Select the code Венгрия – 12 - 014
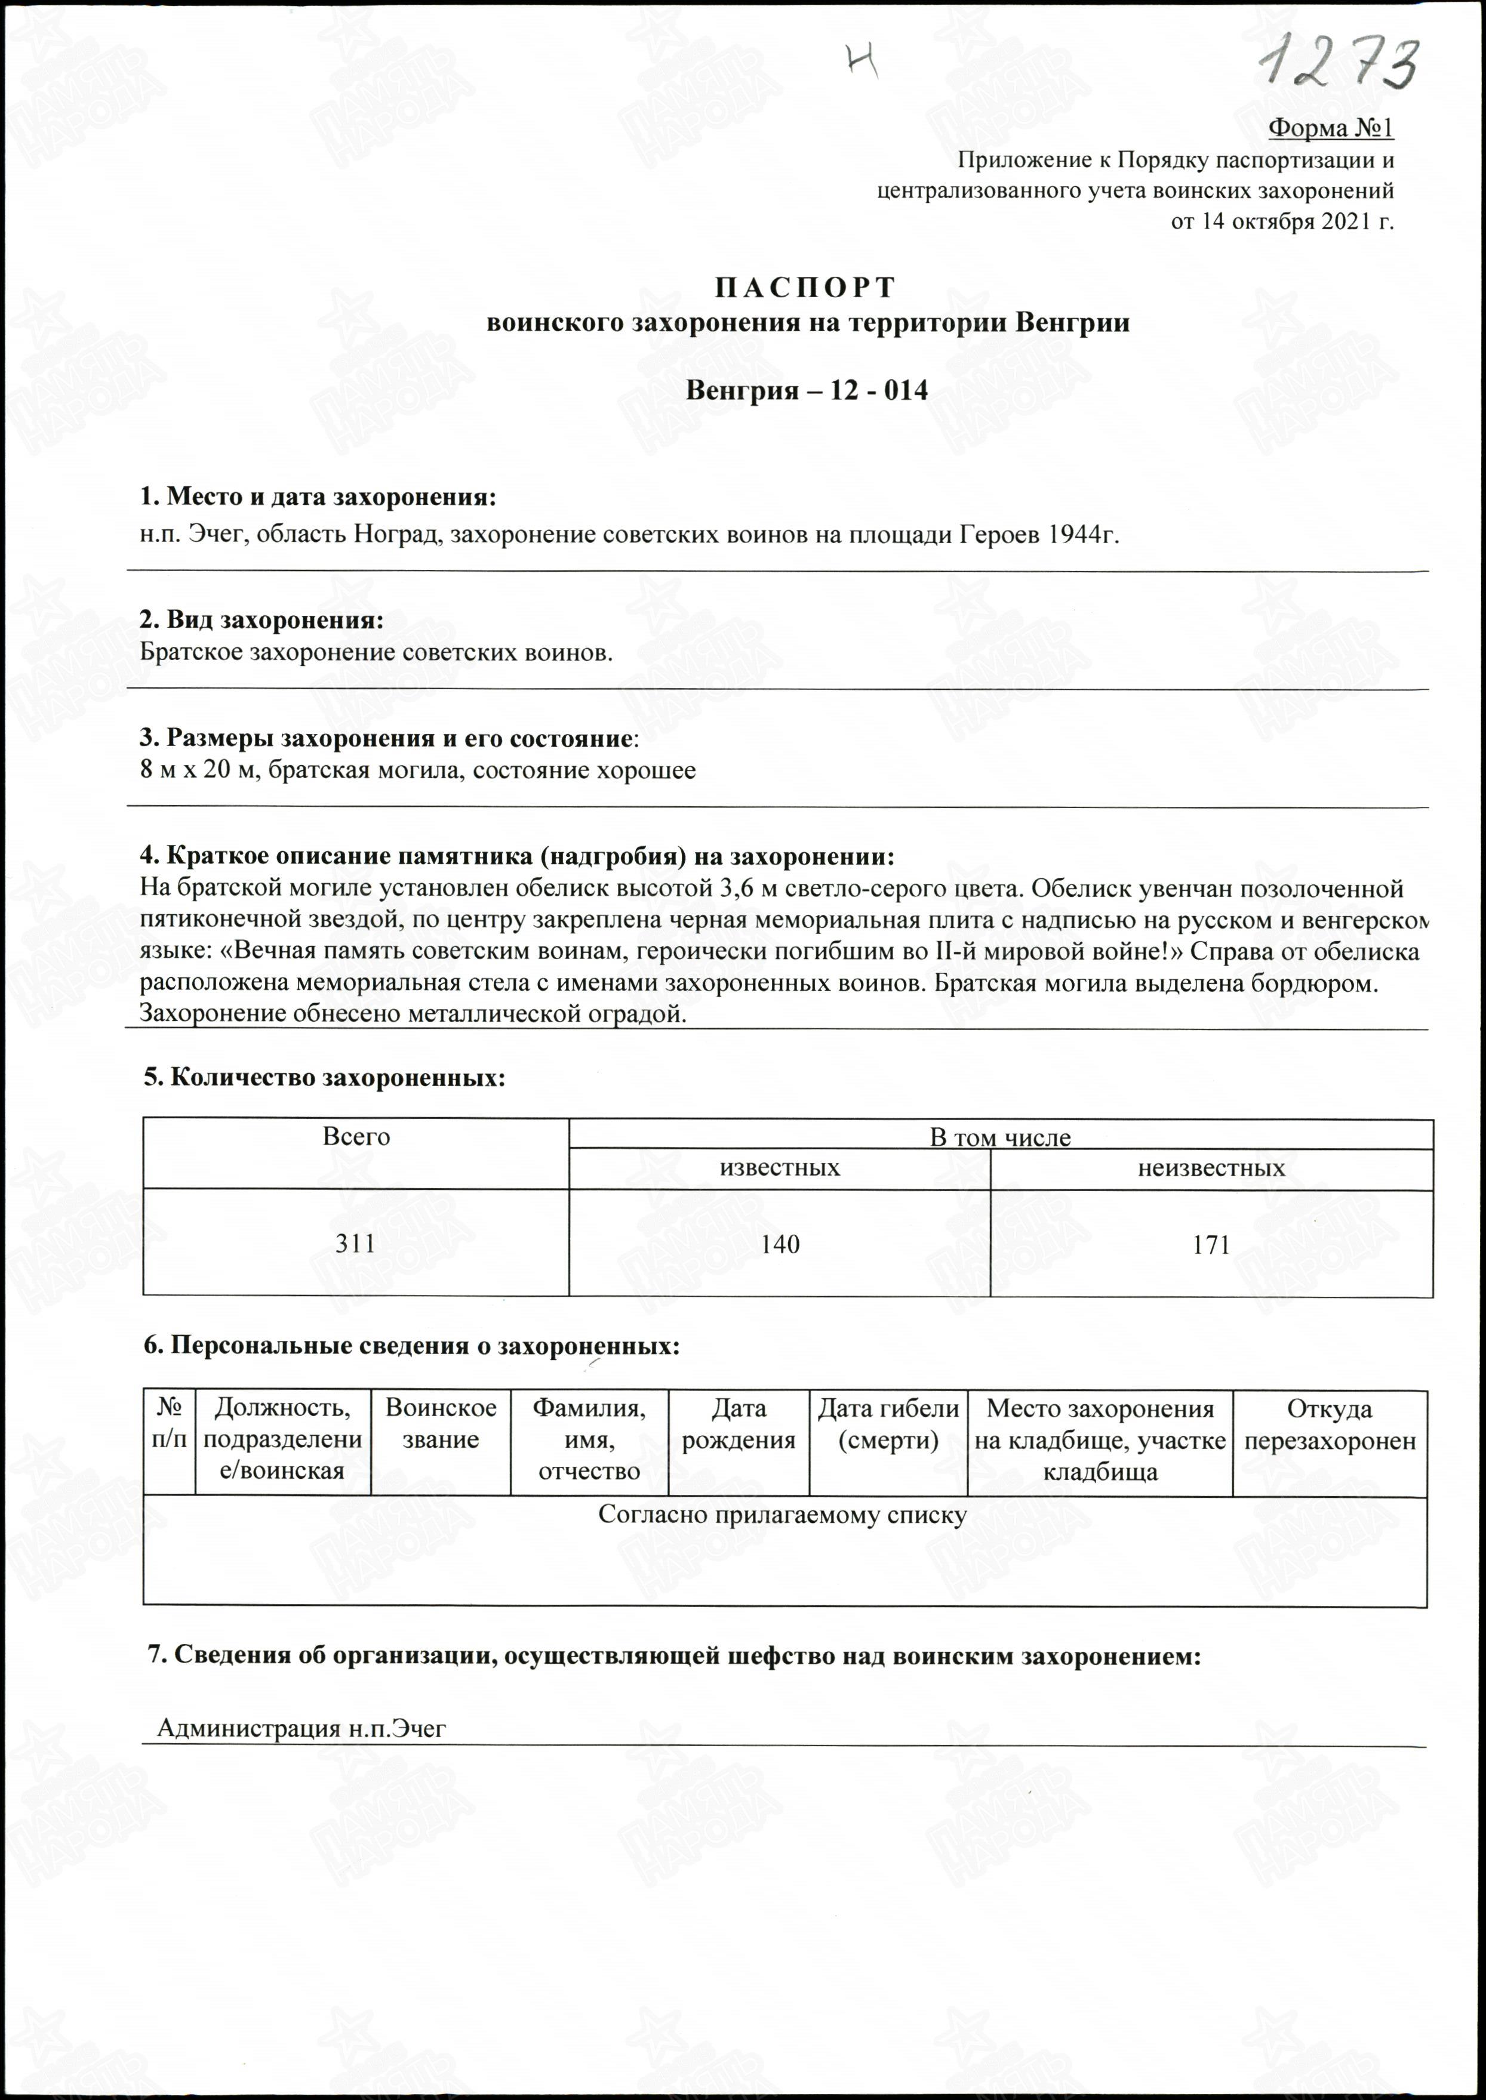click(807, 391)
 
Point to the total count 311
click(355, 1243)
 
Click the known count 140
click(780, 1244)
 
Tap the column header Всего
click(356, 1137)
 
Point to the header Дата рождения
click(739, 1424)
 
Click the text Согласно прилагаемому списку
click(782, 1515)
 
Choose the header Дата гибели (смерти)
click(888, 1424)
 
